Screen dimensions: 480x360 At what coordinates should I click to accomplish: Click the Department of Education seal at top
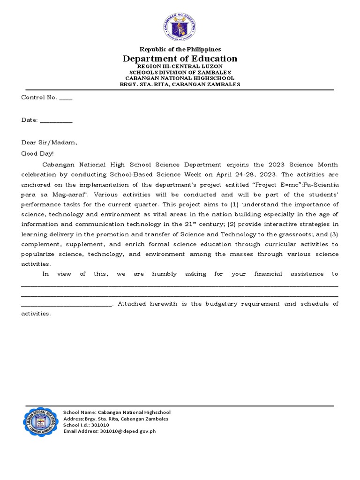180,27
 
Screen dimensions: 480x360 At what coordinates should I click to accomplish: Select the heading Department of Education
180,59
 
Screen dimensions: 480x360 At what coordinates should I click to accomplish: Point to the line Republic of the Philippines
180,49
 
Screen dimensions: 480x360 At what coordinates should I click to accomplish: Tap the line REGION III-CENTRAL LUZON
180,67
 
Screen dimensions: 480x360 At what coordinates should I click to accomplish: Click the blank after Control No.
66,98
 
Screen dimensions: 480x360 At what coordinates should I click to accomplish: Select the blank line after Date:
56,121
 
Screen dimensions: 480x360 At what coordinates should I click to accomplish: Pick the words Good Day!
37,153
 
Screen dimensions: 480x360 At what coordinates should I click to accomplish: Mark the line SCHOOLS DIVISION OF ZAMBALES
180,73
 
